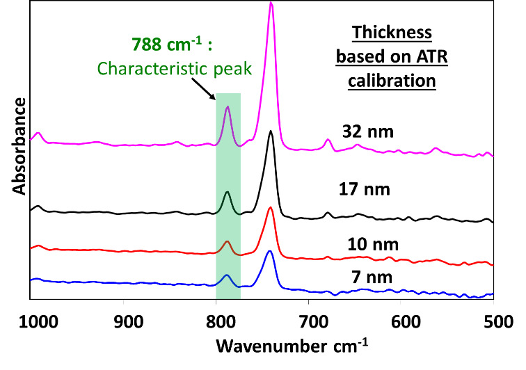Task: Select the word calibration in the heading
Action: click(x=401, y=80)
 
